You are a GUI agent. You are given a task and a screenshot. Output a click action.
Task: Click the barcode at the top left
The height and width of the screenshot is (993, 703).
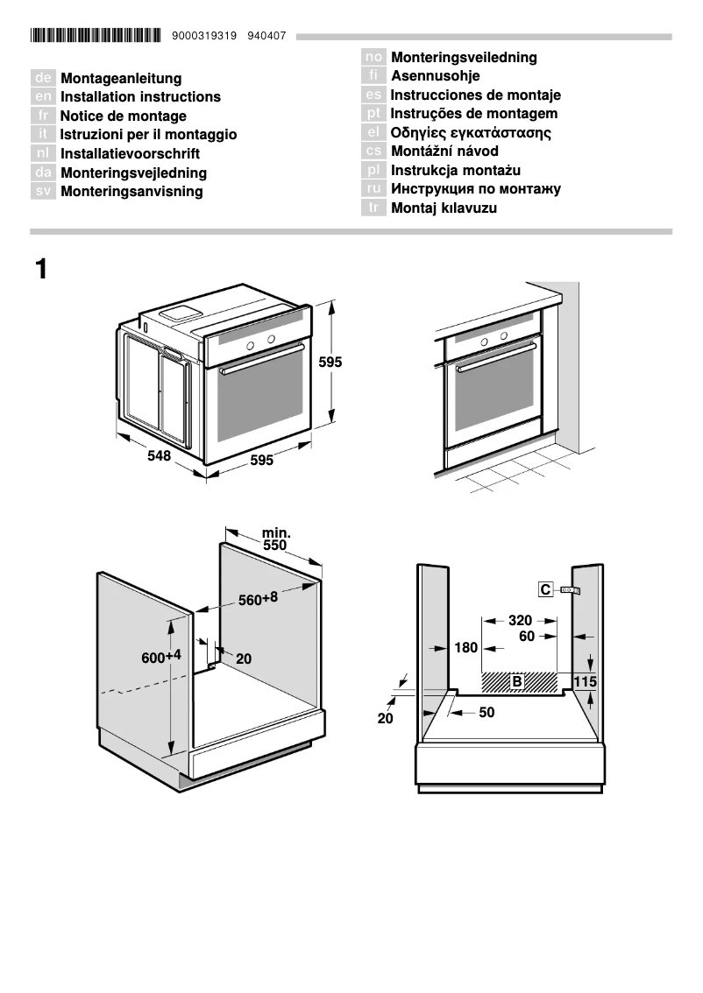point(95,36)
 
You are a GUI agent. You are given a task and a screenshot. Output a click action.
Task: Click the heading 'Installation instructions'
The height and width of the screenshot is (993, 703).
point(140,97)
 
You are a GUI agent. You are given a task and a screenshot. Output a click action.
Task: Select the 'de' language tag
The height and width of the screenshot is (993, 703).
point(43,79)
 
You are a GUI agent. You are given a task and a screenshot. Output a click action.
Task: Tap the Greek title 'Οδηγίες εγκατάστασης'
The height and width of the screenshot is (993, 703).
point(471,133)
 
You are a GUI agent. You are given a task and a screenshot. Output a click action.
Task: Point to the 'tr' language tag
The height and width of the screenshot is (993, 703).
point(374,208)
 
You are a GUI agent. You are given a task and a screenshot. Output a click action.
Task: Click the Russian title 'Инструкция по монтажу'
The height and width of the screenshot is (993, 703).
point(476,189)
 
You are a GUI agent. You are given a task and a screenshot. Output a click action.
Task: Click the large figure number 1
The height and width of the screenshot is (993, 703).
point(41,269)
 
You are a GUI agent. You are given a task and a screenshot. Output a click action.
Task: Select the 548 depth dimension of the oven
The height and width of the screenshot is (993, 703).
point(159,456)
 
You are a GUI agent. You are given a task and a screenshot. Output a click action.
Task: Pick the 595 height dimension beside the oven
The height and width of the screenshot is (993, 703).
point(330,362)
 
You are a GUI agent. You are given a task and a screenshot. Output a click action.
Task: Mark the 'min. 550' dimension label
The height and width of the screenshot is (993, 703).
point(275,539)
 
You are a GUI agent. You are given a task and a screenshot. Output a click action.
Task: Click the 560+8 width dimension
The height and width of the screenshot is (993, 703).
point(258,599)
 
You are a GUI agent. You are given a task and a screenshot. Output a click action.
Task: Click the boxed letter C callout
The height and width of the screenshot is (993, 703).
point(545,590)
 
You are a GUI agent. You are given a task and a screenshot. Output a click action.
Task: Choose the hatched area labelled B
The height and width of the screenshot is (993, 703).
point(519,681)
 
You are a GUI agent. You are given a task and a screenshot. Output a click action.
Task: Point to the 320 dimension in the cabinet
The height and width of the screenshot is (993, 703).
point(520,620)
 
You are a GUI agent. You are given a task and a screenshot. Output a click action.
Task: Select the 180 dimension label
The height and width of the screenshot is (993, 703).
point(466,649)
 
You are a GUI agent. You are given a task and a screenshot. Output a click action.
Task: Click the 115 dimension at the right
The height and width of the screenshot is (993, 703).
point(585,681)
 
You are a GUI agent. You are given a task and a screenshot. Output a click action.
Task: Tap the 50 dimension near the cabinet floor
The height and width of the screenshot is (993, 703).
point(486,713)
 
